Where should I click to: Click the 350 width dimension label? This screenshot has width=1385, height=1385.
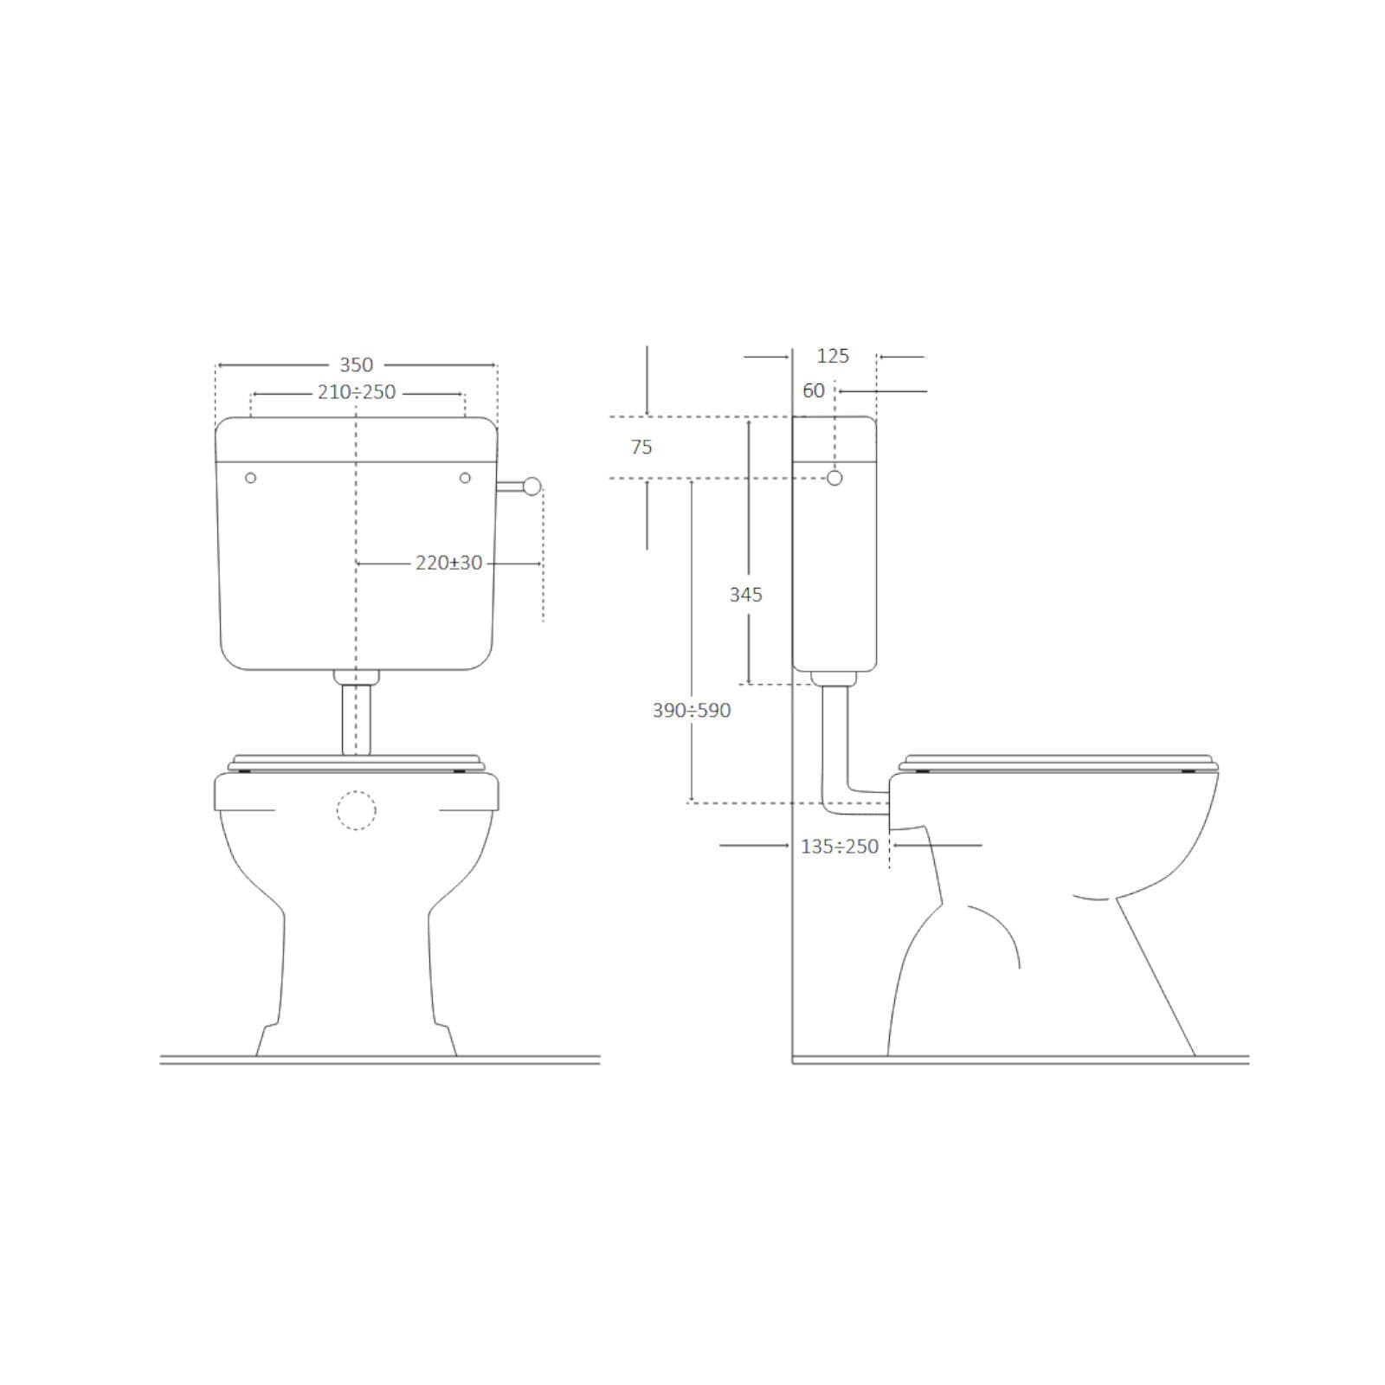pyautogui.click(x=356, y=365)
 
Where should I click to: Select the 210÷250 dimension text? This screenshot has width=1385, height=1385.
pyautogui.click(x=357, y=392)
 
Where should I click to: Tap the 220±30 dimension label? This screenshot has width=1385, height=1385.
pyautogui.click(x=448, y=563)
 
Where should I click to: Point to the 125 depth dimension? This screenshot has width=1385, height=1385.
pyautogui.click(x=833, y=356)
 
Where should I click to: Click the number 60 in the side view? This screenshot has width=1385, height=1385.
pyautogui.click(x=814, y=391)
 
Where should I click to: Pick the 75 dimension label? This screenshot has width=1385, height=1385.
pyautogui.click(x=641, y=448)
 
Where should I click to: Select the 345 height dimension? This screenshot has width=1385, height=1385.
pyautogui.click(x=746, y=595)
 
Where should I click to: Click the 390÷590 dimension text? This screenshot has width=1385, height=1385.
pyautogui.click(x=692, y=711)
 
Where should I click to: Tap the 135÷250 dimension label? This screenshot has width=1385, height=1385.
pyautogui.click(x=840, y=847)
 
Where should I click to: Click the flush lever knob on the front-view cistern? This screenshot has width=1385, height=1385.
pyautogui.click(x=532, y=486)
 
